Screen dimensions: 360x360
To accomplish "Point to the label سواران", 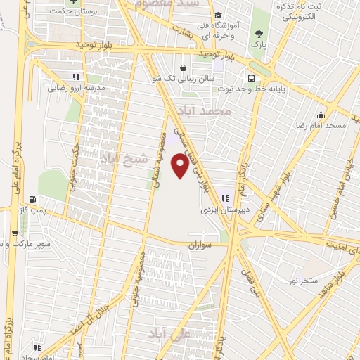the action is tap(199, 247).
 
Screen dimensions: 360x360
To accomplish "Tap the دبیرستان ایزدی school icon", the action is tap(226, 198).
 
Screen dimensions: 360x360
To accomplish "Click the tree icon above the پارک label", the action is tap(261, 33).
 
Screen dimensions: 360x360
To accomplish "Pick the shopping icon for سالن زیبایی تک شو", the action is tap(184, 68).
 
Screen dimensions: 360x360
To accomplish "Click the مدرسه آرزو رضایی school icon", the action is tap(75, 77).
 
